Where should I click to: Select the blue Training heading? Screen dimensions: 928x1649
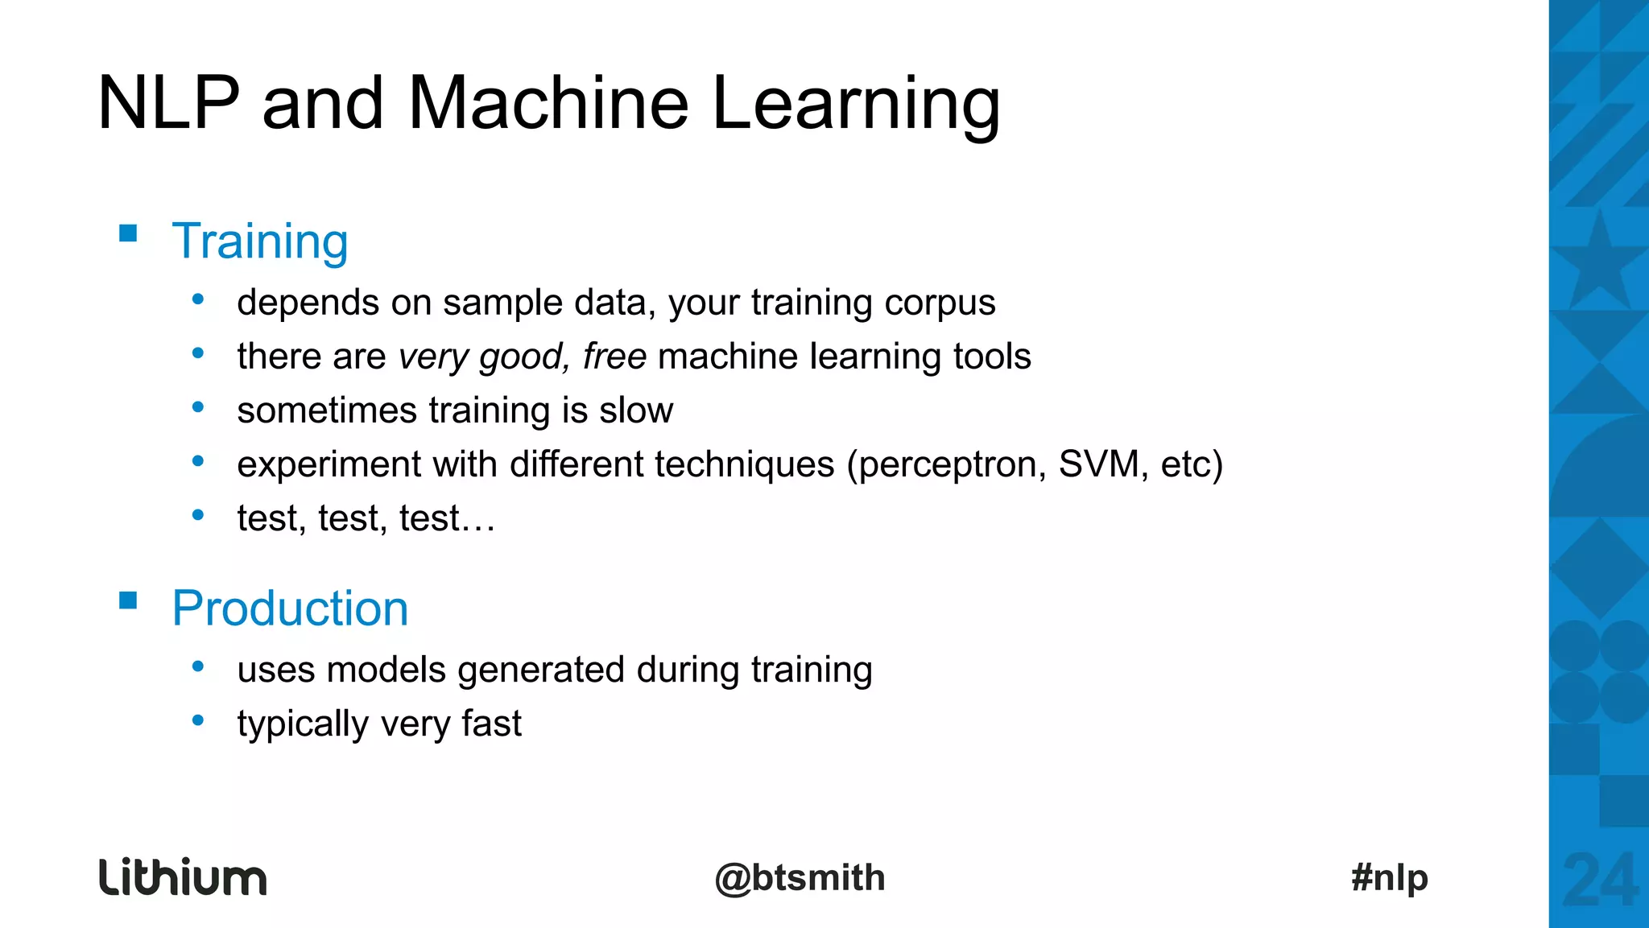(260, 241)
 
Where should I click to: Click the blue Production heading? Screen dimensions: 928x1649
(290, 608)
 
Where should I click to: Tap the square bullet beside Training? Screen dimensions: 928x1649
(128, 233)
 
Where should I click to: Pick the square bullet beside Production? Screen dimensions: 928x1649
(128, 600)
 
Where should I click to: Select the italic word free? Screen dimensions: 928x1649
(614, 357)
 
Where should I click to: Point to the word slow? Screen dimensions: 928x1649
(636, 410)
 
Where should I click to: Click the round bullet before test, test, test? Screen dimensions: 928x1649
(198, 515)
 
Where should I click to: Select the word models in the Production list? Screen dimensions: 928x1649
(386, 670)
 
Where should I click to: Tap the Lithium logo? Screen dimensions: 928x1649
(183, 877)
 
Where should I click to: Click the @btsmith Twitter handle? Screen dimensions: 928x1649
(800, 878)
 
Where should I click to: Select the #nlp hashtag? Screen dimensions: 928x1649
(1390, 877)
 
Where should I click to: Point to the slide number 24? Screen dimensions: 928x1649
(1600, 881)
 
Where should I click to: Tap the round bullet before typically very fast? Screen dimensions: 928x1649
(198, 720)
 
